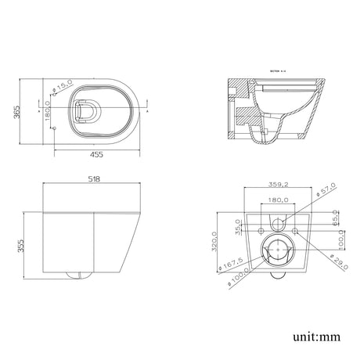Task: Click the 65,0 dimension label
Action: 335,217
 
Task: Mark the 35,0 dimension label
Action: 237,225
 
